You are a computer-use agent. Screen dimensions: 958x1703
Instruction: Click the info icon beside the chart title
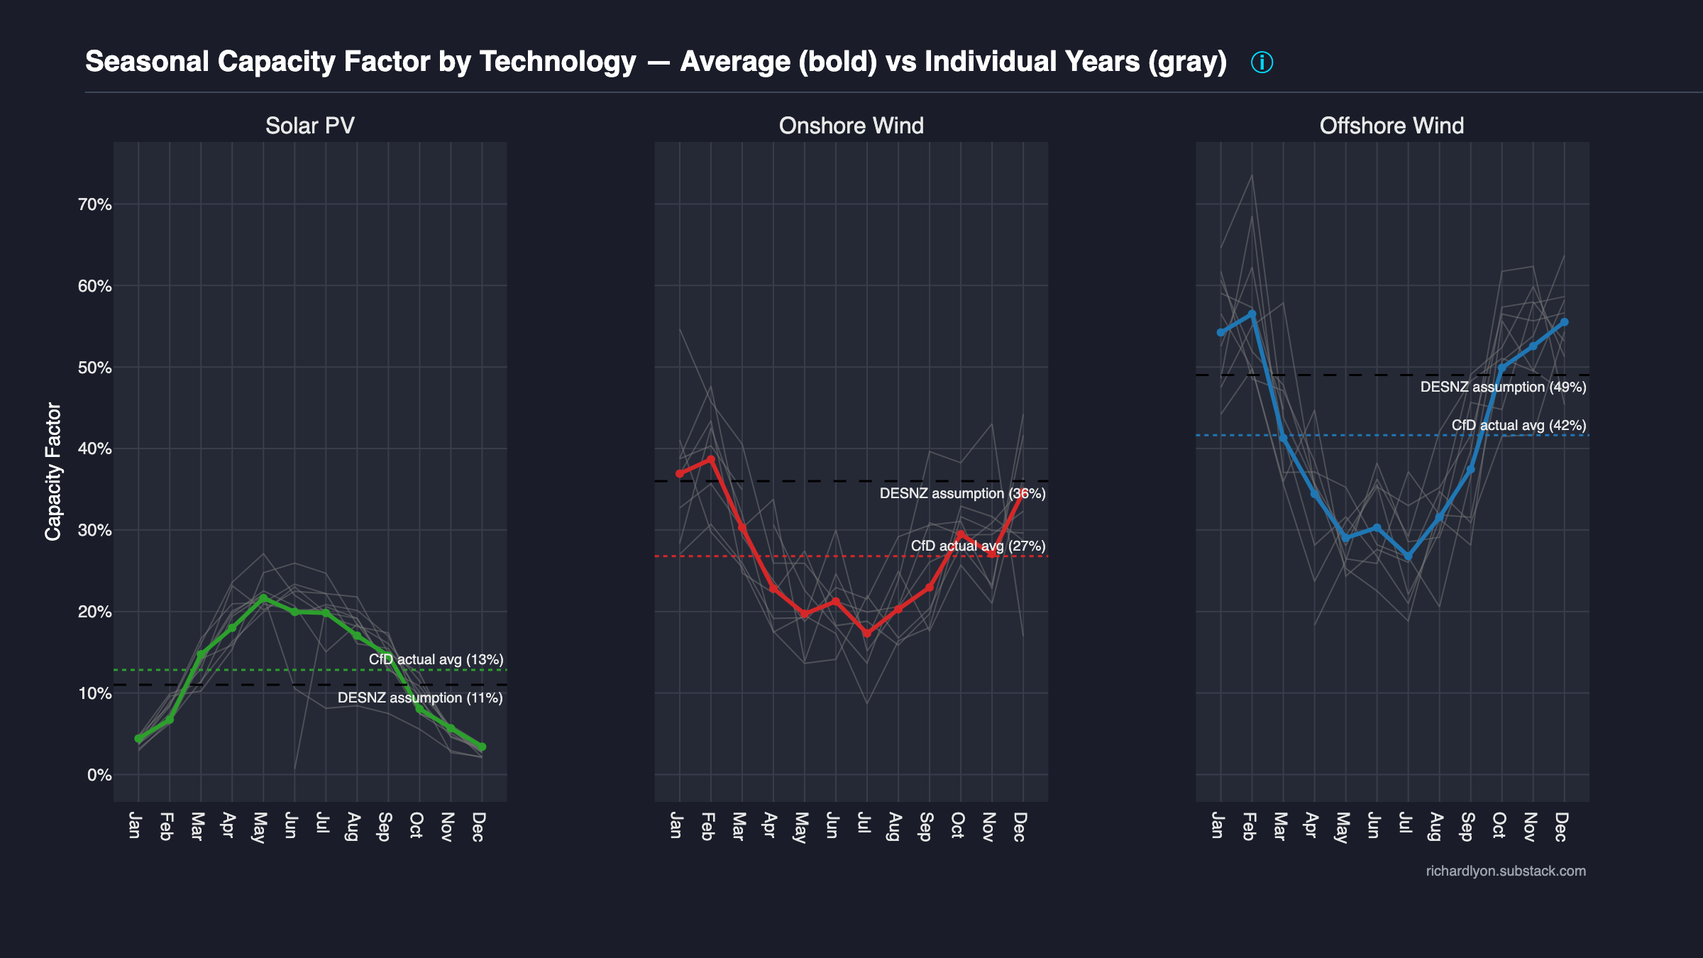click(x=1262, y=62)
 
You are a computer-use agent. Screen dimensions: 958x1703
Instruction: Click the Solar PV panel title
click(x=309, y=126)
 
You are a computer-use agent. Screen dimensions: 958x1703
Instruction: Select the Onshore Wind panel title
click(x=851, y=126)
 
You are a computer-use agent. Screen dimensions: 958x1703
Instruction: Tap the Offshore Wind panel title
click(x=1391, y=126)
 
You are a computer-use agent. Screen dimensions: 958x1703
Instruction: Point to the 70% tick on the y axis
click(x=95, y=205)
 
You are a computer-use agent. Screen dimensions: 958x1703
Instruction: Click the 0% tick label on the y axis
click(x=99, y=775)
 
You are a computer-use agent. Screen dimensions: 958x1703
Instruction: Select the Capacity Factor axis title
click(x=53, y=471)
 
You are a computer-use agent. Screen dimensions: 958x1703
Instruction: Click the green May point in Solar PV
click(x=263, y=598)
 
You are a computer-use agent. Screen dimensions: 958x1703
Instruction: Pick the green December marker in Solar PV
click(x=482, y=747)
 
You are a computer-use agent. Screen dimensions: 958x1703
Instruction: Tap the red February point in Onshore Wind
click(x=711, y=459)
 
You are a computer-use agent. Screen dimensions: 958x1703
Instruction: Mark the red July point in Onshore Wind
click(x=866, y=633)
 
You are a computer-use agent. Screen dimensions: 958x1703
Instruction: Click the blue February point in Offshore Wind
click(x=1252, y=314)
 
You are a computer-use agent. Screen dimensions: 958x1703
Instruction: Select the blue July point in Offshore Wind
click(x=1408, y=556)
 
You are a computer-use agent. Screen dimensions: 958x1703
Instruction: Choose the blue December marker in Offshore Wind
click(x=1564, y=322)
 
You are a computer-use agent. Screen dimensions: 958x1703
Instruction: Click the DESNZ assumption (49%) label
click(x=1503, y=387)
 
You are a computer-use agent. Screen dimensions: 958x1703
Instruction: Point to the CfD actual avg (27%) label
click(x=978, y=546)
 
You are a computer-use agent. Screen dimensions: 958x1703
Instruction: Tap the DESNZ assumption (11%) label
click(x=420, y=698)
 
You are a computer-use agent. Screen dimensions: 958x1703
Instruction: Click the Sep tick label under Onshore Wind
click(x=925, y=827)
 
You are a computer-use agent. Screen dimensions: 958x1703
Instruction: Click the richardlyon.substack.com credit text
click(x=1506, y=871)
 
